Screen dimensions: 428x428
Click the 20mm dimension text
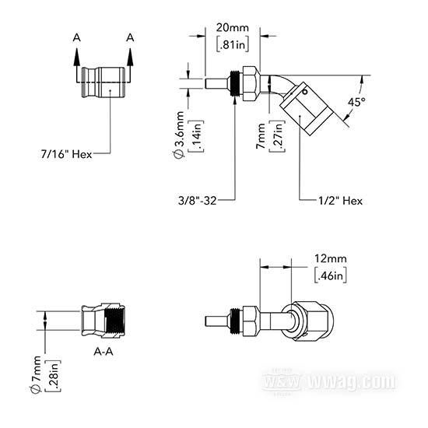[233, 28]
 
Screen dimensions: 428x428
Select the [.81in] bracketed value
[233, 44]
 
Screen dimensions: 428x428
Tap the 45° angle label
[356, 102]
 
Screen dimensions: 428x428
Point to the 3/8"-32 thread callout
[197, 201]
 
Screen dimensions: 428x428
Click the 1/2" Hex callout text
[341, 201]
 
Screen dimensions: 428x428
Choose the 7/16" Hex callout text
[66, 154]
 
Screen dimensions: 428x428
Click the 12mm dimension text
[331, 258]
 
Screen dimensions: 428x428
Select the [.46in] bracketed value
[331, 275]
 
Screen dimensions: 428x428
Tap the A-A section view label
[103, 352]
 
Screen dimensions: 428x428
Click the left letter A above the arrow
[77, 37]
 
